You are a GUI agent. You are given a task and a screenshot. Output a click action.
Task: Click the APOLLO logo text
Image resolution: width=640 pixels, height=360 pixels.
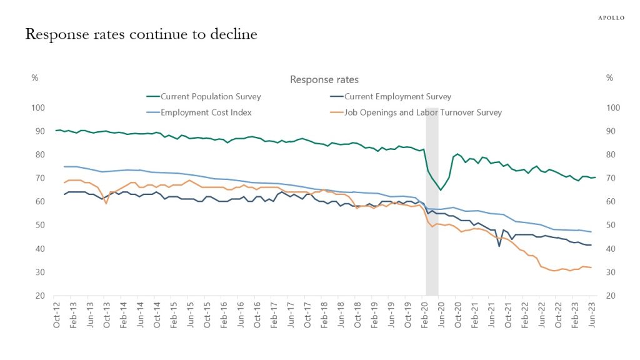click(611, 18)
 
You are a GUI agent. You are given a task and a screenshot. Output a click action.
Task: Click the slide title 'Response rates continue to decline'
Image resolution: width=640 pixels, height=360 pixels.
click(141, 34)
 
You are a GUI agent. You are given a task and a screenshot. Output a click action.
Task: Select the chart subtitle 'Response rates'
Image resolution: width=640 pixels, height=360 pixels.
click(324, 79)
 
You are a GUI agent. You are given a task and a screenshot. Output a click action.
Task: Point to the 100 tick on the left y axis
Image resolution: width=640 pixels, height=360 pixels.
click(38, 108)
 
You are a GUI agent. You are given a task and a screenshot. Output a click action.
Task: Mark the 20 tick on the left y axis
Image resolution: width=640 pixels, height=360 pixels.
click(38, 296)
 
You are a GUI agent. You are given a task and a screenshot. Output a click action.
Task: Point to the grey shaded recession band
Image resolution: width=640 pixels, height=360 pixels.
click(432, 200)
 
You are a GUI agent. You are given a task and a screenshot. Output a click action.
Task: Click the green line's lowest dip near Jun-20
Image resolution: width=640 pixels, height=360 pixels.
click(441, 189)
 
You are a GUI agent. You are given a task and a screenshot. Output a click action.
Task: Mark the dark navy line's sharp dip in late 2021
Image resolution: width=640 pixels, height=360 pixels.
click(499, 246)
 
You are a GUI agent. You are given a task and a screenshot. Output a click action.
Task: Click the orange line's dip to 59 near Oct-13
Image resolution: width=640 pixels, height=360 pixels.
click(106, 203)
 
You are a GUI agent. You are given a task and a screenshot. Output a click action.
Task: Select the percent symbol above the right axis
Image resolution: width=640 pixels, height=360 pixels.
click(609, 78)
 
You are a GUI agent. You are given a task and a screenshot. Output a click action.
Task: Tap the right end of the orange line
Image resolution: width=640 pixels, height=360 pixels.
click(591, 267)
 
